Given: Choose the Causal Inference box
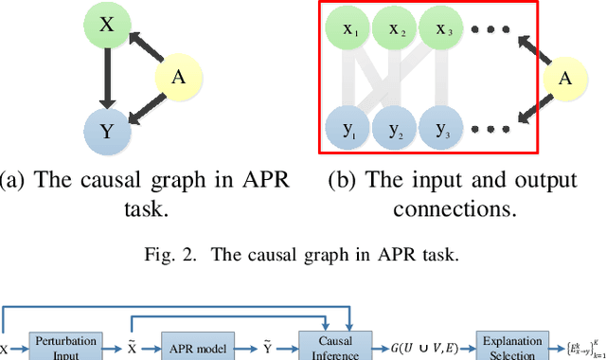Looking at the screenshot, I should (x=336, y=347).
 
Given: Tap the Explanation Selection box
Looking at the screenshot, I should (x=510, y=346).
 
